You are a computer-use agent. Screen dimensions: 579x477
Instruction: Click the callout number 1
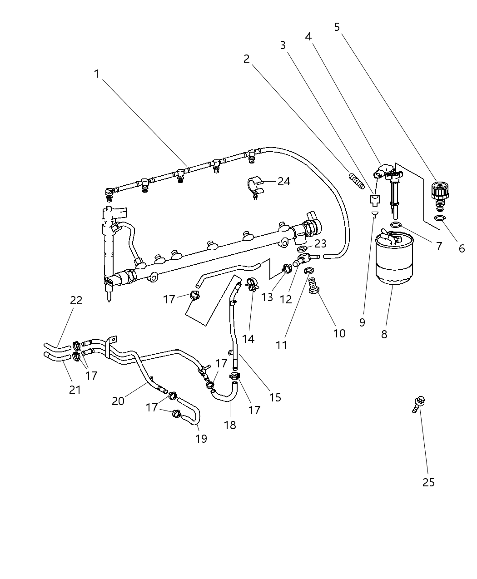(x=96, y=74)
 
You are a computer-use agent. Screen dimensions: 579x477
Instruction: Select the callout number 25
(x=428, y=482)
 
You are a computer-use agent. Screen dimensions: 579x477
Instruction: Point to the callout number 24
(x=284, y=181)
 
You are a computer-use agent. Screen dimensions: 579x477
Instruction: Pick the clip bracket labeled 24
(x=254, y=187)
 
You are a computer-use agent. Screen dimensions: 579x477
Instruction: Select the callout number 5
(x=337, y=27)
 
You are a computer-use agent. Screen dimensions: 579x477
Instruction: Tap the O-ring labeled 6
(x=440, y=218)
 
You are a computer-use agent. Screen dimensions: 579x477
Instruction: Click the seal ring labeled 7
(x=396, y=224)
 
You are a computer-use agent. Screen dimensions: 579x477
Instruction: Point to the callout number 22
(x=76, y=300)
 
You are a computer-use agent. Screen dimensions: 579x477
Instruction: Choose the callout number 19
(x=201, y=438)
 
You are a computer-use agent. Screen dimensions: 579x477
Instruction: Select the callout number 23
(x=320, y=244)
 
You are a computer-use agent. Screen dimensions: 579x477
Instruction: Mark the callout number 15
(x=275, y=397)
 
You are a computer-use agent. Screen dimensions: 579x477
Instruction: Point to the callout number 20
(x=118, y=401)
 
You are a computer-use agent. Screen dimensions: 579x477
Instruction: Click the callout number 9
(x=362, y=322)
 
